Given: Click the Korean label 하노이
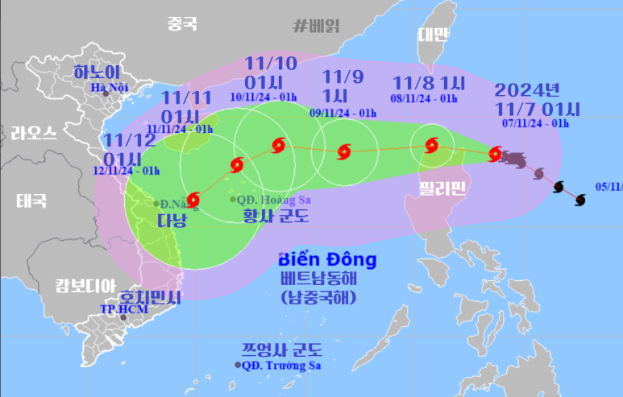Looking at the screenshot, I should click(97, 72).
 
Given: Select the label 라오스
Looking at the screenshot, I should click(34, 134).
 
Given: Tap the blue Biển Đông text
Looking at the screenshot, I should click(326, 260).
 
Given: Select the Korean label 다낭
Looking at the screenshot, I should click(172, 221).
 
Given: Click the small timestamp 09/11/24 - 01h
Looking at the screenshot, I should click(343, 113).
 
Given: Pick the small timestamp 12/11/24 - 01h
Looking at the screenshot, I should click(127, 170).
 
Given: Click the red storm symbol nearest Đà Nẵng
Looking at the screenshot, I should click(193, 199).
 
